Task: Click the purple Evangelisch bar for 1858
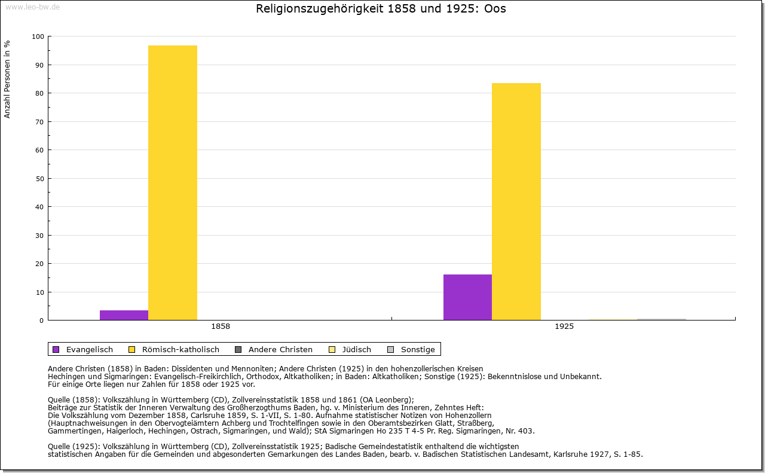[x=124, y=315]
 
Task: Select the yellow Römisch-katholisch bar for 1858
[x=173, y=182]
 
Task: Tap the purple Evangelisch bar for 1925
[x=467, y=297]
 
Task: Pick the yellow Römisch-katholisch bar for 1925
[x=516, y=202]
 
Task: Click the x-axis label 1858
[x=221, y=327]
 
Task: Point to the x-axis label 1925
[x=564, y=327]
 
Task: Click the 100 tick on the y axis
[x=38, y=36]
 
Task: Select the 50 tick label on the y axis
[x=39, y=179]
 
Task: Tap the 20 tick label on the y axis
[x=39, y=264]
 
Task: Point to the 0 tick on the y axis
[x=41, y=321]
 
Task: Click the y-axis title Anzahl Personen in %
[x=8, y=79]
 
